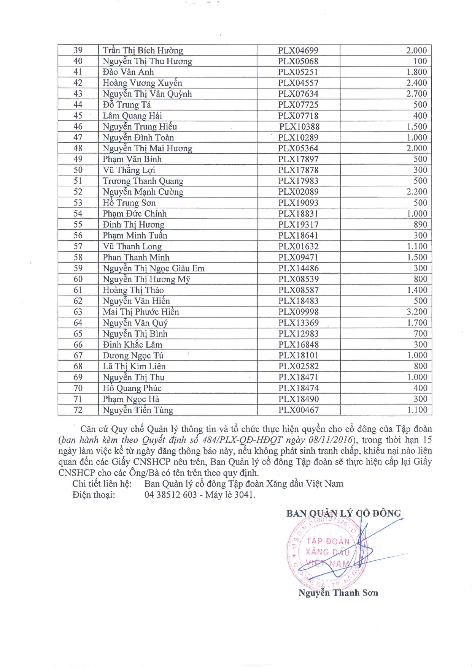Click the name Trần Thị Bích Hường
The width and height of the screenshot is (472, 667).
(x=143, y=51)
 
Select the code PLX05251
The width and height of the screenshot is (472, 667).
(x=298, y=72)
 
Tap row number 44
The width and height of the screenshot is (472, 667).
(x=78, y=105)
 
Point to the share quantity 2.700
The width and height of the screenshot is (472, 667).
(x=416, y=94)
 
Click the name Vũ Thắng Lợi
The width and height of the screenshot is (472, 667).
(x=129, y=170)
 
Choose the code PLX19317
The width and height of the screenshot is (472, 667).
(x=298, y=225)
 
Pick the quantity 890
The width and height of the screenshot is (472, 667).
(x=420, y=225)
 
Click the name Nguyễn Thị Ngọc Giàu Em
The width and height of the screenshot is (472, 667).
(x=154, y=269)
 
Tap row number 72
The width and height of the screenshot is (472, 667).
(x=78, y=410)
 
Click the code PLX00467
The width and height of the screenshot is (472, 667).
(x=298, y=410)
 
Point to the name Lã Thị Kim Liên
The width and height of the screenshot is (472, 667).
(x=134, y=367)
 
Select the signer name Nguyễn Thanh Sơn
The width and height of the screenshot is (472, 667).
(x=338, y=593)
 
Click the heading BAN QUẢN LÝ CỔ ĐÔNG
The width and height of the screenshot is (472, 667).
(x=343, y=514)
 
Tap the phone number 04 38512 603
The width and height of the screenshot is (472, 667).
(x=171, y=495)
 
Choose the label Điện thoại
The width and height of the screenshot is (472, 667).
(x=94, y=495)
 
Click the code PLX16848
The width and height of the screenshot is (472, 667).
(x=298, y=345)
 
